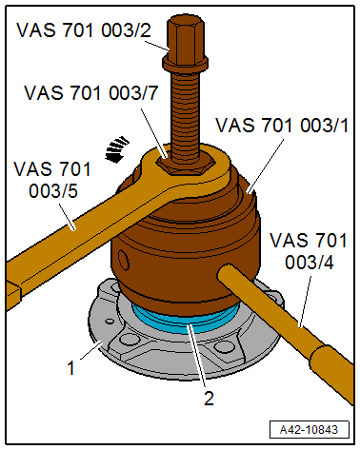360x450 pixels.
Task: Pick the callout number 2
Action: pyautogui.click(x=208, y=398)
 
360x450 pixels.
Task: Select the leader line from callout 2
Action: pyautogui.click(x=199, y=357)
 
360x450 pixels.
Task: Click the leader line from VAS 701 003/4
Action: pyautogui.click(x=299, y=296)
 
